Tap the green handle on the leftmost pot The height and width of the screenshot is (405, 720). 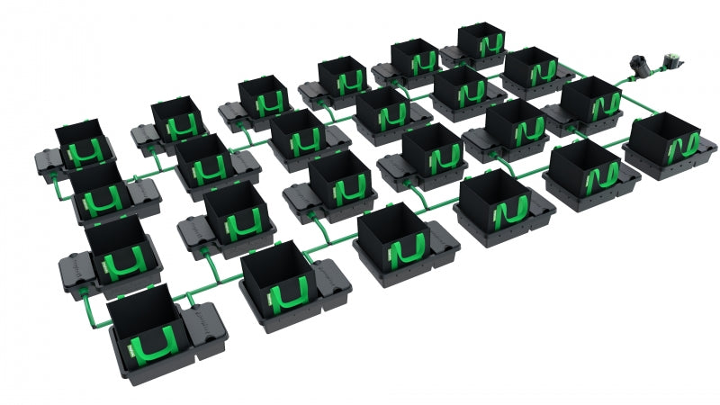(x=85, y=153)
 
